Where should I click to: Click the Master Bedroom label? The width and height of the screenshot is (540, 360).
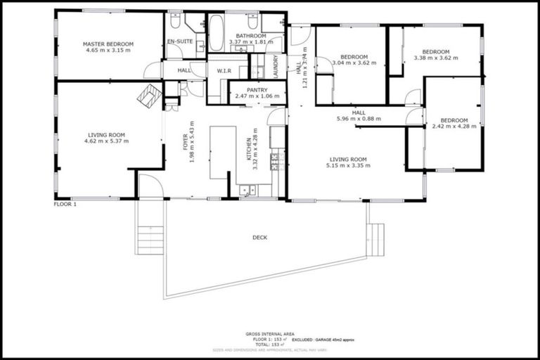point(108,44)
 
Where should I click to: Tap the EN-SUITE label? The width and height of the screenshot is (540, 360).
point(180,42)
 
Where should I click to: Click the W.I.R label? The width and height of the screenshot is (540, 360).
point(225,71)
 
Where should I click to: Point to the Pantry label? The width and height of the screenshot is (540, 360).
point(257,90)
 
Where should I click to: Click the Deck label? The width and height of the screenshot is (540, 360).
point(259,238)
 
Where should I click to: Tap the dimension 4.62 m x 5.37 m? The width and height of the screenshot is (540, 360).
point(108,141)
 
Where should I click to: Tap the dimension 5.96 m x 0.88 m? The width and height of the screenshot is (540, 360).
point(359,119)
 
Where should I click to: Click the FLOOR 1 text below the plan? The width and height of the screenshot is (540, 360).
point(65,205)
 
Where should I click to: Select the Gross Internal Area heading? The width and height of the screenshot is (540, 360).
point(269,334)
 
